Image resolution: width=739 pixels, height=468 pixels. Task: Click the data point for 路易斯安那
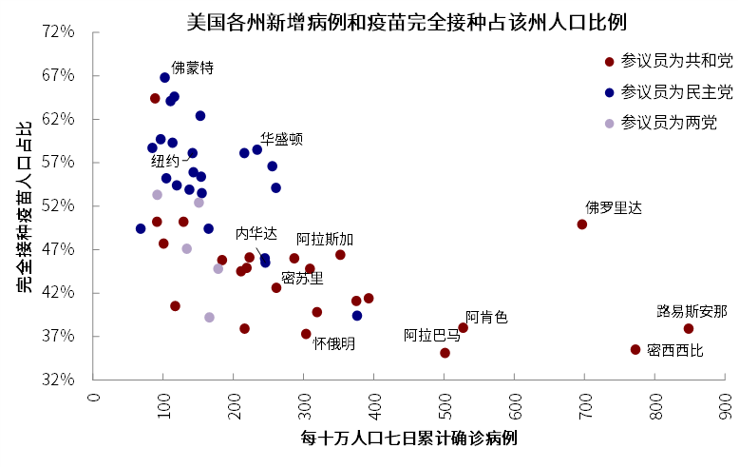tap(689, 329)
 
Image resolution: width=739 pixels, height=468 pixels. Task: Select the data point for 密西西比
tap(635, 350)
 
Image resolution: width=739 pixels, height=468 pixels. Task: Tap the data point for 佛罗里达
tap(582, 224)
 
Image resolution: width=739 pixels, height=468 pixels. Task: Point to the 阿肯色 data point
tap(464, 328)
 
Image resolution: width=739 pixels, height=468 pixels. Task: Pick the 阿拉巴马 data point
tap(445, 353)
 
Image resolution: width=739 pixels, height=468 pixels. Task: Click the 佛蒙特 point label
tap(192, 68)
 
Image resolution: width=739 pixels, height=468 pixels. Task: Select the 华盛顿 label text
tap(281, 139)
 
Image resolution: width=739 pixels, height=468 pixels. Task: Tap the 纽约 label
tap(164, 162)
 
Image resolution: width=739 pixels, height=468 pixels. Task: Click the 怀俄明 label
tap(334, 343)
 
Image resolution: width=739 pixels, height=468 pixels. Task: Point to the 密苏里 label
tap(302, 278)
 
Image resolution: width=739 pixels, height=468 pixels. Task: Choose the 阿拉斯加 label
tap(325, 239)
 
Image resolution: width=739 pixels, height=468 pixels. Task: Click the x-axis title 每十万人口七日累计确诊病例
tap(408, 439)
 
